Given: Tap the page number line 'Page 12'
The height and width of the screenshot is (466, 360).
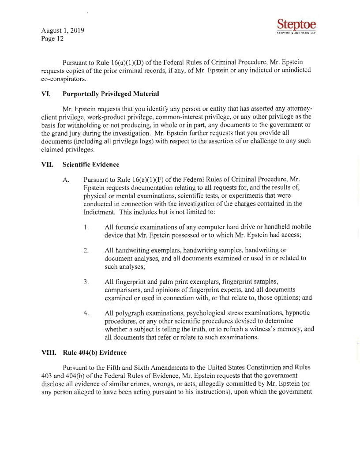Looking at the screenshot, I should point(52,39).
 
